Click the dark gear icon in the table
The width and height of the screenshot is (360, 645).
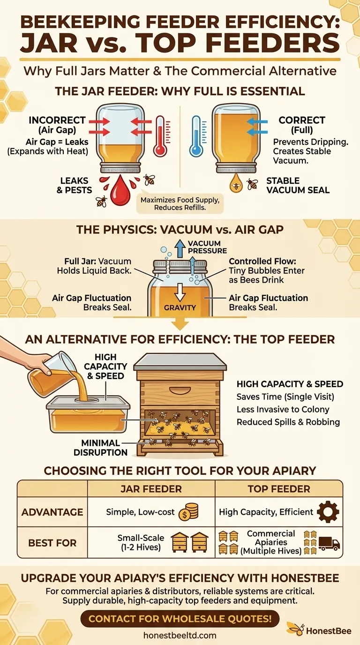[x=328, y=512]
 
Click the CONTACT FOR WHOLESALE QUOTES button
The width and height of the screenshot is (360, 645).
[x=180, y=618]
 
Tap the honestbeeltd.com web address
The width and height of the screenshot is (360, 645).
[x=180, y=636]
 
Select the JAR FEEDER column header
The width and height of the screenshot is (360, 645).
[x=151, y=489]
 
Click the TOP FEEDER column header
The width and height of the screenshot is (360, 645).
[x=279, y=489]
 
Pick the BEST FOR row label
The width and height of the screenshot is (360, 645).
[x=52, y=543]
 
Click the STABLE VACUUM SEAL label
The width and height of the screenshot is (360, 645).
[x=298, y=185]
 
